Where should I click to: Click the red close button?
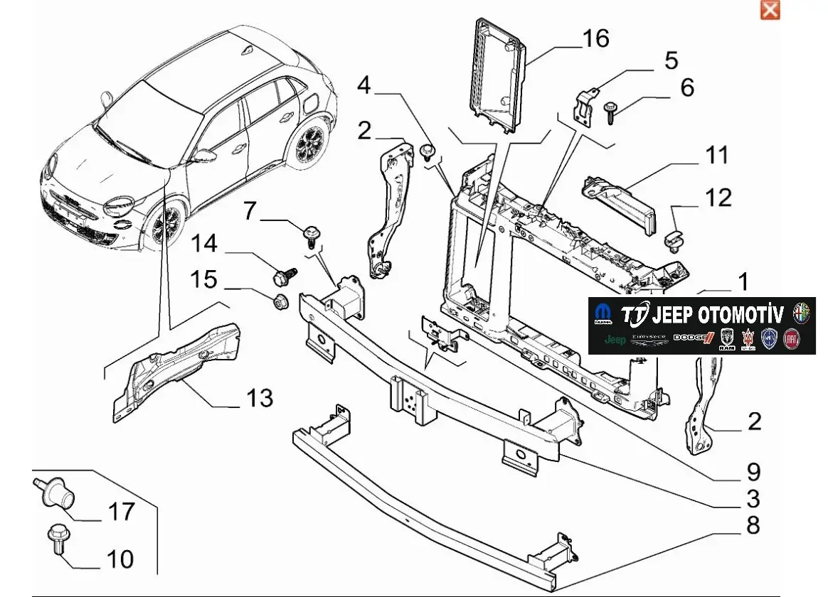[770, 10]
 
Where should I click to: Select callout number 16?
[595, 38]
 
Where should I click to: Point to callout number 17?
[120, 512]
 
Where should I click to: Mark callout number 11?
[717, 155]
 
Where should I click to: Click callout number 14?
[203, 244]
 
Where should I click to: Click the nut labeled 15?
[280, 300]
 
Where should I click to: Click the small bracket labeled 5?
[585, 104]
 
